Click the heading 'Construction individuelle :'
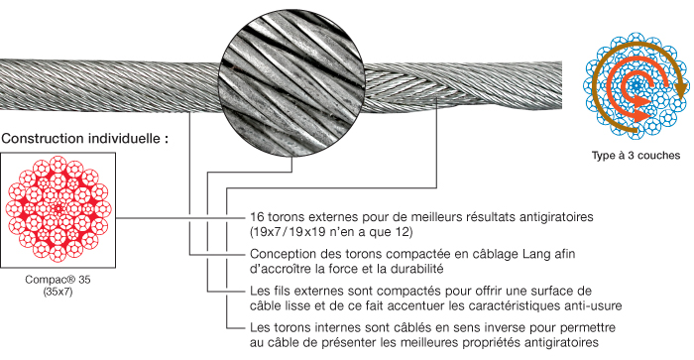click(84, 138)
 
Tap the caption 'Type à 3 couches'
click(636, 156)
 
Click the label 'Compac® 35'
click(58, 280)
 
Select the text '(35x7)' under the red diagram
click(58, 292)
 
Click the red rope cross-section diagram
click(58, 209)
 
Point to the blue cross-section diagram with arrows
click(636, 85)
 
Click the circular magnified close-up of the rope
click(292, 82)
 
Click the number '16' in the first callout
click(257, 217)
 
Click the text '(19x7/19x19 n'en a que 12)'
click(331, 232)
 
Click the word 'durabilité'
click(417, 269)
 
